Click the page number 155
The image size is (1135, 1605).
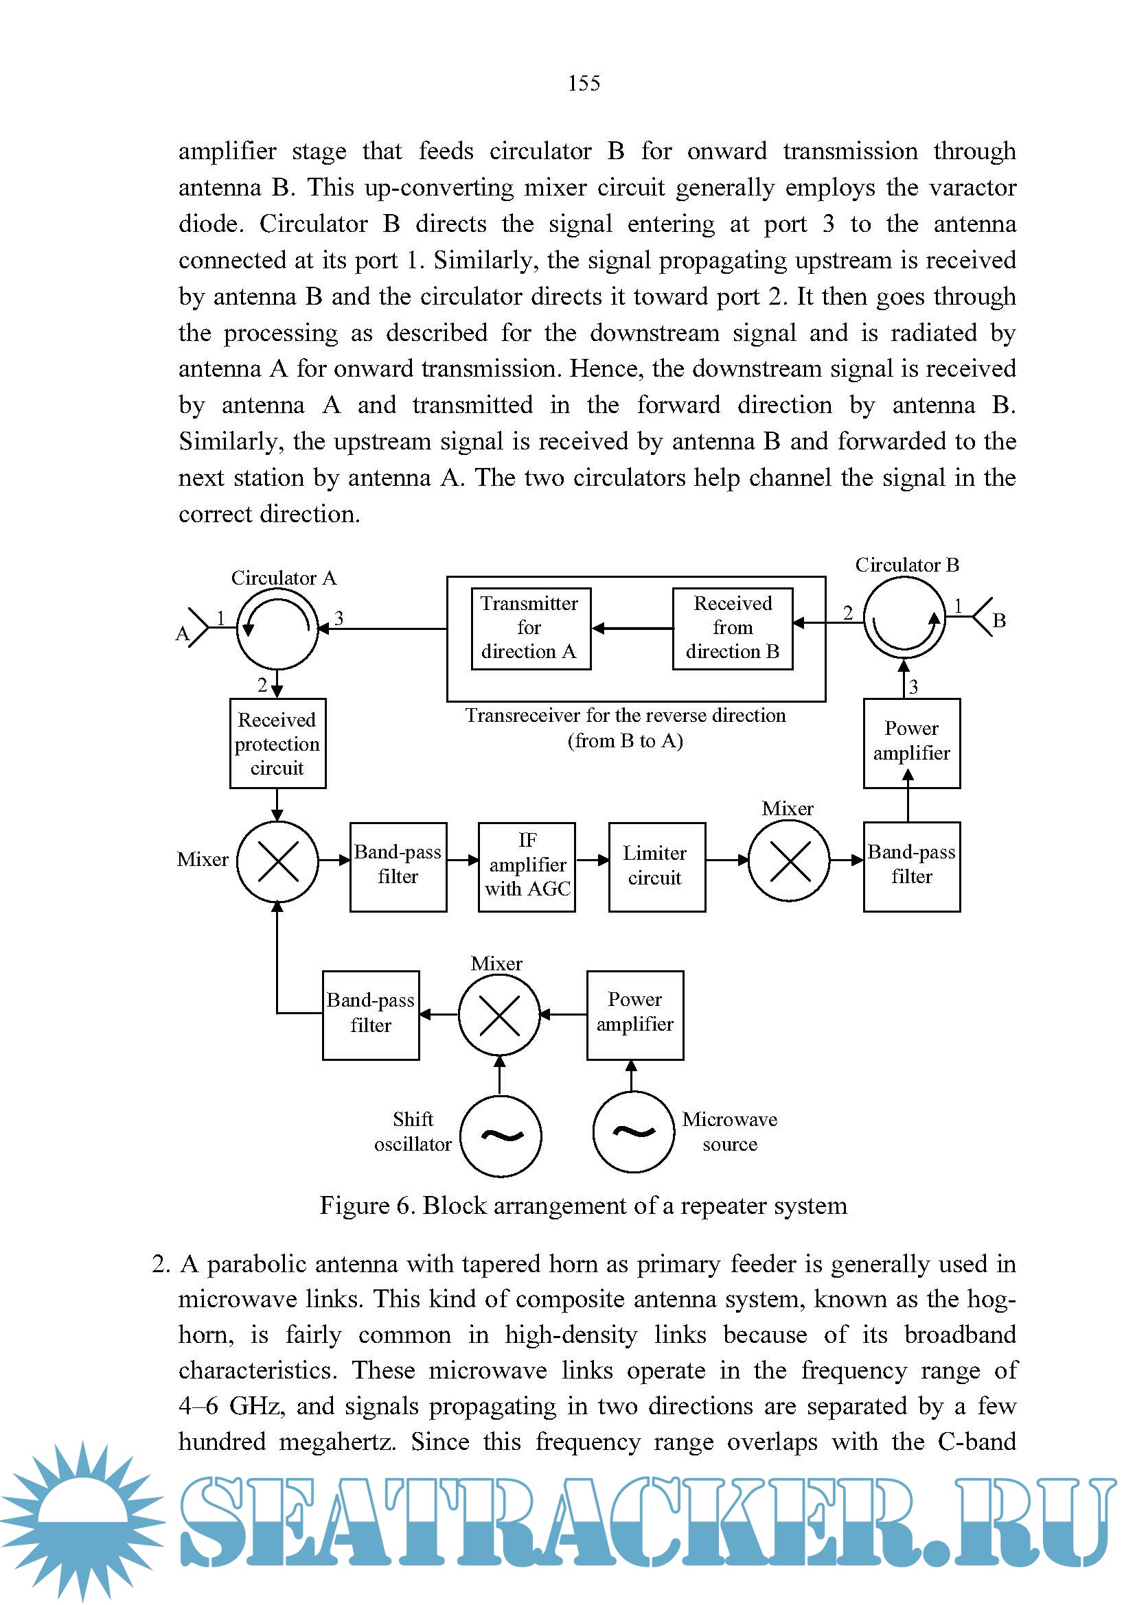584,83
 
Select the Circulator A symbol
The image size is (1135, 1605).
277,629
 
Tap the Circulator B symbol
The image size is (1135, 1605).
904,620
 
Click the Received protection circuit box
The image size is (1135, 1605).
277,744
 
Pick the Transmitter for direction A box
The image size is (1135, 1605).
530,629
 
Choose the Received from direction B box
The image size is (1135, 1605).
732,629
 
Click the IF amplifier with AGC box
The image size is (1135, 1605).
527,867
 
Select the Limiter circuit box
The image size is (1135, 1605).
656,867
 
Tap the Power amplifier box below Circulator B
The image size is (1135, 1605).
911,743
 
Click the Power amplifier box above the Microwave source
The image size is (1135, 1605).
635,1015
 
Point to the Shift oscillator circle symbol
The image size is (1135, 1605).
501,1136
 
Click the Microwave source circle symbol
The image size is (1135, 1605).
634,1132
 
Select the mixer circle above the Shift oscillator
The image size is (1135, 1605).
499,1015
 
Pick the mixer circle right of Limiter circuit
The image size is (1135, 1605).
789,860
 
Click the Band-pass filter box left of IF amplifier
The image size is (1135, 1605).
398,867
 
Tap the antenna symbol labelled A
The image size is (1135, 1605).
196,627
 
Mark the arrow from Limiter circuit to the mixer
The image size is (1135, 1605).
727,860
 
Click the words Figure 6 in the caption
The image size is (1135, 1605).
365,1206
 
